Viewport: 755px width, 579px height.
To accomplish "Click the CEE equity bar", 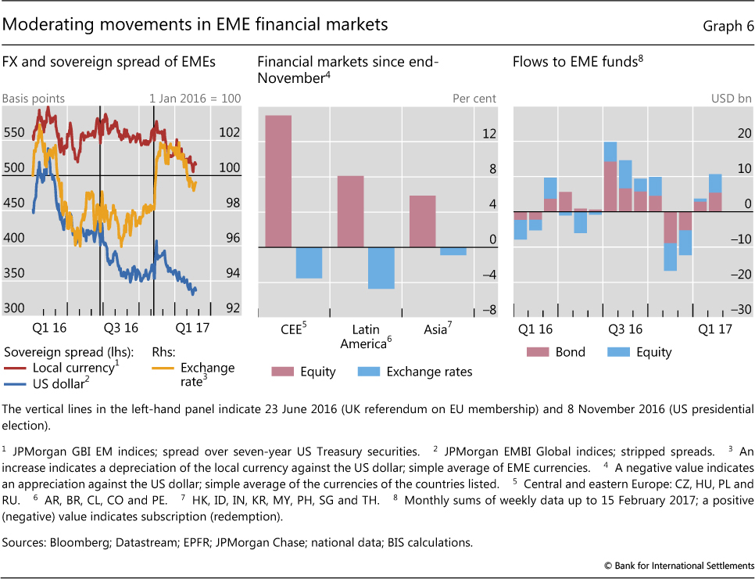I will (278, 181).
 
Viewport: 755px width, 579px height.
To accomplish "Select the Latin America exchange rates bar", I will (381, 268).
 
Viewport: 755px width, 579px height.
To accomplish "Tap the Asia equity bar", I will (423, 221).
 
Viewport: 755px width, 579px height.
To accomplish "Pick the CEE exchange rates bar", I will (310, 263).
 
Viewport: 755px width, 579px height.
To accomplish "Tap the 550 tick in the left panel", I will (14, 133).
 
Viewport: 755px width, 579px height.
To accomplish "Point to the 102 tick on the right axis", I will (229, 133).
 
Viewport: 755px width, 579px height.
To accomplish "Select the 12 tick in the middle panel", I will (467, 135).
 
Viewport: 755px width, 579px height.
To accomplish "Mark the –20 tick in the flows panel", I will (742, 275).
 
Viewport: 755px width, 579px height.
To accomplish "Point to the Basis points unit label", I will (34, 99).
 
